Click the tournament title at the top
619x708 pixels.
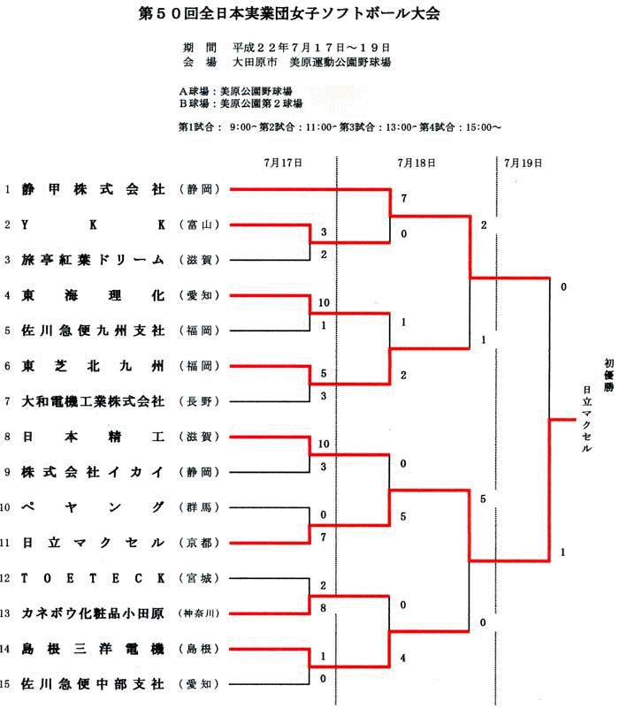coord(289,13)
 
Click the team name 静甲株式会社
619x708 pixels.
coord(93,189)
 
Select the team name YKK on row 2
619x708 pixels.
coord(93,225)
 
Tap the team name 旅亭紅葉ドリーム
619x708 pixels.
coord(93,260)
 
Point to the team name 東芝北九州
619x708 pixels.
coord(93,366)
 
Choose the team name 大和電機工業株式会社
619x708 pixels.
coord(93,401)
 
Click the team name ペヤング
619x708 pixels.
coord(93,507)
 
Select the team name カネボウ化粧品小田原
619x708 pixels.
coord(93,613)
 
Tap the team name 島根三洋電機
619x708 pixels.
coord(93,649)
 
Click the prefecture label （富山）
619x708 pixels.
coord(199,225)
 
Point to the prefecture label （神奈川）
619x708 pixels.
coord(199,613)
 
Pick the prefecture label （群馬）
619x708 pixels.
coord(199,507)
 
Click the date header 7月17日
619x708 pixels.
coord(283,163)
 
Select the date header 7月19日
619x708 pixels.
coord(523,163)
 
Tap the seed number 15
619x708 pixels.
coord(5,684)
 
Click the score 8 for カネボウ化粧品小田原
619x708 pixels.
coord(323,608)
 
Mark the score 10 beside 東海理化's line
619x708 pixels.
coord(324,302)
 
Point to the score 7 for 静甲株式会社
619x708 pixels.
coord(404,198)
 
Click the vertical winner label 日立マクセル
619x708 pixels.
coord(586,419)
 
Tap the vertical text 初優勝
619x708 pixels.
coord(609,376)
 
